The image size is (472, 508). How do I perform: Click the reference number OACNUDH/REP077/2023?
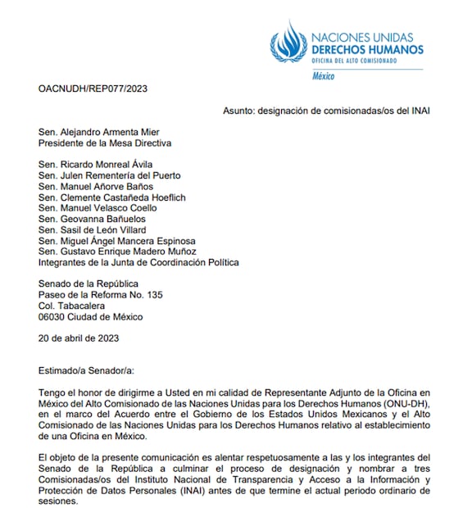pos(93,88)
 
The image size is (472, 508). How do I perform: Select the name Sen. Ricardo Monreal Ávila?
pos(95,165)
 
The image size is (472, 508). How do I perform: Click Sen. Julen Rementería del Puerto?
pos(109,175)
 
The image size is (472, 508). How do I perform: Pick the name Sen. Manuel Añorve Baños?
pos(97,187)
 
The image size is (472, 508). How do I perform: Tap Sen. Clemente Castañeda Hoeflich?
pos(113,197)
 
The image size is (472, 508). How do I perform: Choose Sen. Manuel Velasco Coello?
pos(98,208)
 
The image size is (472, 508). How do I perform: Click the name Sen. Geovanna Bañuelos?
pos(92,220)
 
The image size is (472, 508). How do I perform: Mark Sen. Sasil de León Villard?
pos(93,230)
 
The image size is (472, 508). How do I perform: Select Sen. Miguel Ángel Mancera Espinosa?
pos(117,241)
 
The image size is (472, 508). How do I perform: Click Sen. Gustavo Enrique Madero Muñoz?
pos(119,252)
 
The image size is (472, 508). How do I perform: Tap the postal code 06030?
pos(52,317)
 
